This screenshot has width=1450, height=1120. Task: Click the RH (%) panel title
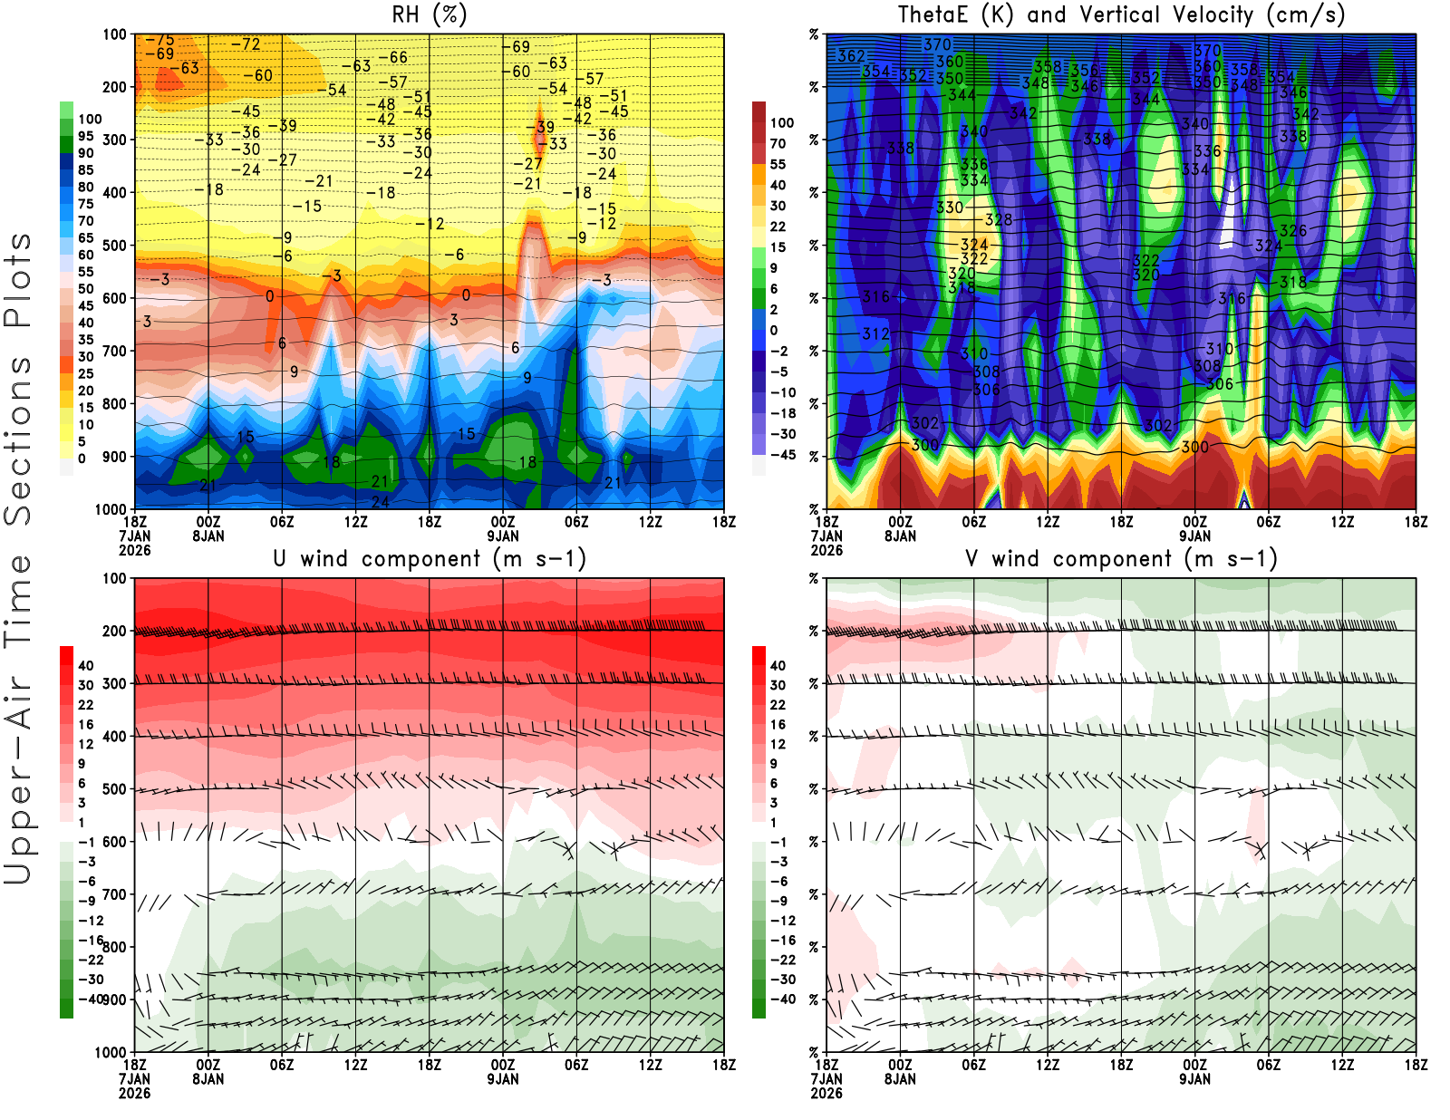click(x=429, y=15)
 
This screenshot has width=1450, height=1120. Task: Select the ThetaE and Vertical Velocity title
click(x=1121, y=15)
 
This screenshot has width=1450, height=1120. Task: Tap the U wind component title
click(x=429, y=559)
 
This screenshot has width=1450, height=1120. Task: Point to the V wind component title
click(x=1121, y=559)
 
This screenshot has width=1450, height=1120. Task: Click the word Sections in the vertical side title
click(x=18, y=439)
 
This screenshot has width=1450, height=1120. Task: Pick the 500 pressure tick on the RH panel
click(x=115, y=246)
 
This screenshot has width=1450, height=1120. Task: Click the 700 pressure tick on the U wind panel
click(x=115, y=894)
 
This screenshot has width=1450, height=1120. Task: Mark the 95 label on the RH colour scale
click(x=86, y=136)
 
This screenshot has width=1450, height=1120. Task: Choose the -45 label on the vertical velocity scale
click(x=782, y=455)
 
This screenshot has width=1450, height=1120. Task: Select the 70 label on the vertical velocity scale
click(x=778, y=143)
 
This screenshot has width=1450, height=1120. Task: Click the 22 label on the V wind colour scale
click(x=778, y=705)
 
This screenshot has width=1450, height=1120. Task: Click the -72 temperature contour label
click(x=246, y=44)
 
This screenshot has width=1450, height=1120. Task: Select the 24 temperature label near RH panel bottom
click(x=380, y=501)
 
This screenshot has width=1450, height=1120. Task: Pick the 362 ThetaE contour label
click(x=851, y=55)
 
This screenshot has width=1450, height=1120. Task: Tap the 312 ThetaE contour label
click(x=875, y=333)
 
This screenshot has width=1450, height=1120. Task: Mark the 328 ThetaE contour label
click(x=999, y=219)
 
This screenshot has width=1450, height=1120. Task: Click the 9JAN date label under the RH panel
click(x=503, y=536)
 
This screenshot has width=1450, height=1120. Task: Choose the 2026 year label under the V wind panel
click(x=826, y=1093)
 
